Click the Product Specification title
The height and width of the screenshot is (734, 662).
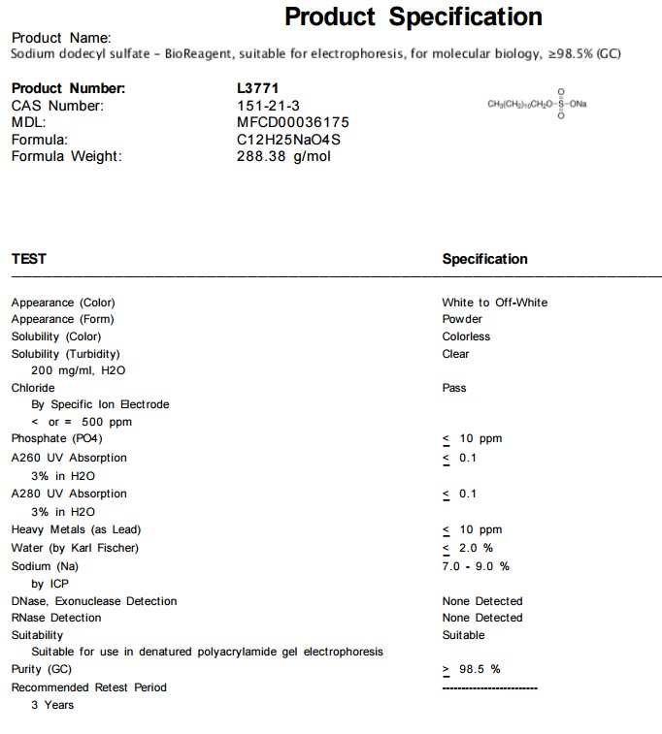point(413,17)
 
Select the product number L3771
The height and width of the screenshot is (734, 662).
point(257,88)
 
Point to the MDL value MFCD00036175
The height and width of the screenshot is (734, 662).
point(292,122)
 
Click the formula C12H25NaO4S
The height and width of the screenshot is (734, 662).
point(288,140)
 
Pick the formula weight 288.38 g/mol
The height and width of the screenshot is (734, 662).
point(283,156)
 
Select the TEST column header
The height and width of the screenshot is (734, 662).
point(28,259)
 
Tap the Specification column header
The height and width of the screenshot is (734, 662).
point(484,259)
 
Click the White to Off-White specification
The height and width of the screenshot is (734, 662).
point(494,303)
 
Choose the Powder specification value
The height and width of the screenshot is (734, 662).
point(462,319)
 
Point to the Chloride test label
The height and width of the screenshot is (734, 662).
point(33,388)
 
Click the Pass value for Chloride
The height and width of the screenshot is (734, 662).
point(454,388)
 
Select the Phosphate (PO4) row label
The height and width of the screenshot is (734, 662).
point(56,438)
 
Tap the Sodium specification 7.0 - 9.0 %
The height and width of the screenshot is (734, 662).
point(476,565)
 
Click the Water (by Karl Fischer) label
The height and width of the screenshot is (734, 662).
point(75,548)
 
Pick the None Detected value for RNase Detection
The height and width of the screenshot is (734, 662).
point(481,618)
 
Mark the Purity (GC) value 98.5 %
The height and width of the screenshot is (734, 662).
point(480,669)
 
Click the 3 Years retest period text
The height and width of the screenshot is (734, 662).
point(52,705)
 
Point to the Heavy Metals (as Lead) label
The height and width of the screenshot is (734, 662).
point(76,529)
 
